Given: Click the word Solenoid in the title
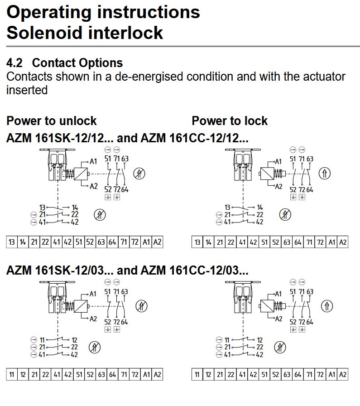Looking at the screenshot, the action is [x=43, y=33].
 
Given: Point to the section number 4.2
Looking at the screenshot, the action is [x=14, y=63].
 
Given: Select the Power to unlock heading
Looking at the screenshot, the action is [x=51, y=121].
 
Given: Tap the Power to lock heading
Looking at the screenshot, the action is [x=230, y=121].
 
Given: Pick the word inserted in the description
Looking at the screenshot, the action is [x=27, y=90].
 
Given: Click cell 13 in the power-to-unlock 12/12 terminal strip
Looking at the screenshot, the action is [x=12, y=242].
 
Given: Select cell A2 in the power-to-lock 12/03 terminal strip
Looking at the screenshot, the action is [x=343, y=374].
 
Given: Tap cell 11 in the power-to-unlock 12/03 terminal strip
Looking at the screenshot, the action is [x=12, y=374].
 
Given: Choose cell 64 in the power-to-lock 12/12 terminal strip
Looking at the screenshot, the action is [x=298, y=242].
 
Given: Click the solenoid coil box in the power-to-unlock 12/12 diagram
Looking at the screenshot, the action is [x=81, y=174].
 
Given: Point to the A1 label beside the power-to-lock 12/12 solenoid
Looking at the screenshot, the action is [x=278, y=162].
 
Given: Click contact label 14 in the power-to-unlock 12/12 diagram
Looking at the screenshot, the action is [x=75, y=208].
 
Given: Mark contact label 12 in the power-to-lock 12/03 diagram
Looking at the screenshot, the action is [x=260, y=340].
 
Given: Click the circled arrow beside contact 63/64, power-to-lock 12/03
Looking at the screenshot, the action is [x=327, y=306].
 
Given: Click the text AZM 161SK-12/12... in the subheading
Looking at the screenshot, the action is [x=60, y=138].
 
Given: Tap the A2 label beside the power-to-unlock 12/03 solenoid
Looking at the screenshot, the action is [x=93, y=319].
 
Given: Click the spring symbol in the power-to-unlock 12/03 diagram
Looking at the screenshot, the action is [x=70, y=306].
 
